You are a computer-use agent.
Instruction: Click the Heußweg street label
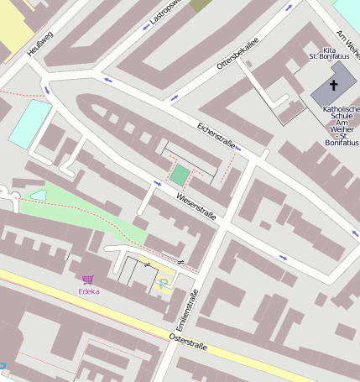pos(34,43)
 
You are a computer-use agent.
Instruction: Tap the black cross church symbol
pos(332,86)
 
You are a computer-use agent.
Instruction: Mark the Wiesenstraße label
pos(196,207)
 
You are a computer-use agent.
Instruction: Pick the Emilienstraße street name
pos(185,309)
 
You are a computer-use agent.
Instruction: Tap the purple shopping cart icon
pos(88,279)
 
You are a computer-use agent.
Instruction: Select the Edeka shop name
pos(88,291)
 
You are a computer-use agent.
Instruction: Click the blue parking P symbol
pos(162,285)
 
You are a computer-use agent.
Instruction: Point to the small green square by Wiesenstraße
pos(180,175)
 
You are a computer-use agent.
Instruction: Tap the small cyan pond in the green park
pos(39,196)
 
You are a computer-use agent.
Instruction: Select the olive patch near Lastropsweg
pos(201,5)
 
